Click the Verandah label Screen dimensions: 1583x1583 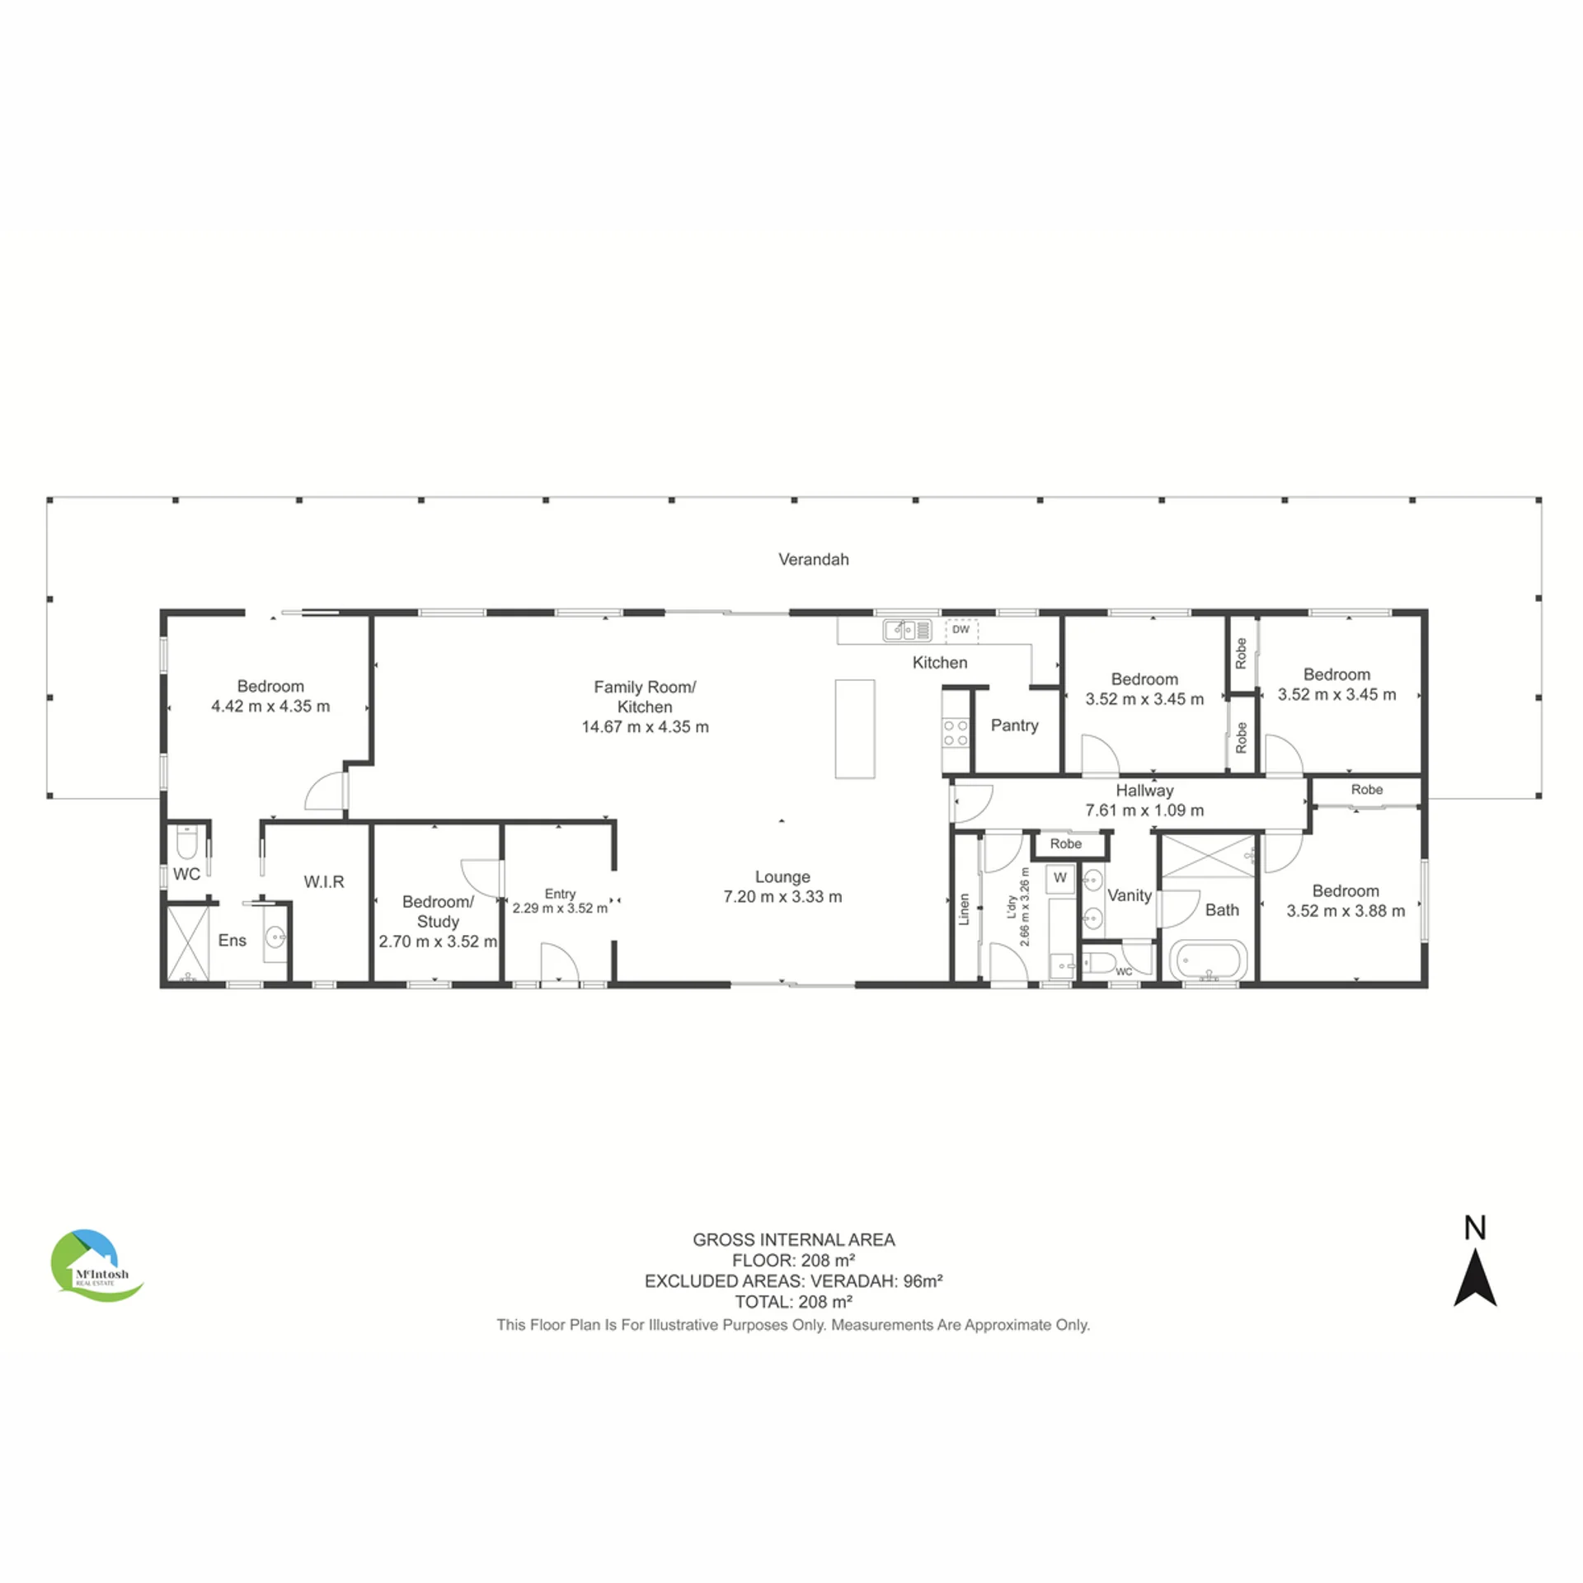tap(813, 559)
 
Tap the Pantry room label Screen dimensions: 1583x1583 tap(1014, 726)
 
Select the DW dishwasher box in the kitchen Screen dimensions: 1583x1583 tap(961, 629)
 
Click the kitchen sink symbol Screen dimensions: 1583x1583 tap(907, 631)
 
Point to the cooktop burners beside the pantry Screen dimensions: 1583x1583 tap(956, 733)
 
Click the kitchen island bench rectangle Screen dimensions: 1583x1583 tap(855, 729)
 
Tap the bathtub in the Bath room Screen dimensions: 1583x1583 tap(1208, 961)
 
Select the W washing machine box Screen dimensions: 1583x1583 tap(1060, 878)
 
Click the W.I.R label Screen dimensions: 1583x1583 tap(324, 882)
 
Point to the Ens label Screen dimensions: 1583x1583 tap(233, 941)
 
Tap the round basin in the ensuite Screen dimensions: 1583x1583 tap(276, 937)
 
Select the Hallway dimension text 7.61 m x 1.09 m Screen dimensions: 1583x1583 tap(1144, 810)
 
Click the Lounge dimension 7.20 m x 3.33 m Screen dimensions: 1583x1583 tap(782, 897)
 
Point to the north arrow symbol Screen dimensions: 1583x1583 tap(1475, 1277)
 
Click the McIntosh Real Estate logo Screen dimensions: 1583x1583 tap(96, 1266)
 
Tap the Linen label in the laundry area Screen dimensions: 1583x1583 tap(964, 909)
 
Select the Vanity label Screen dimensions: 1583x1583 tap(1130, 895)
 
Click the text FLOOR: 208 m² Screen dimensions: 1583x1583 tap(793, 1261)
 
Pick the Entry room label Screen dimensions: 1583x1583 tap(560, 894)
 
